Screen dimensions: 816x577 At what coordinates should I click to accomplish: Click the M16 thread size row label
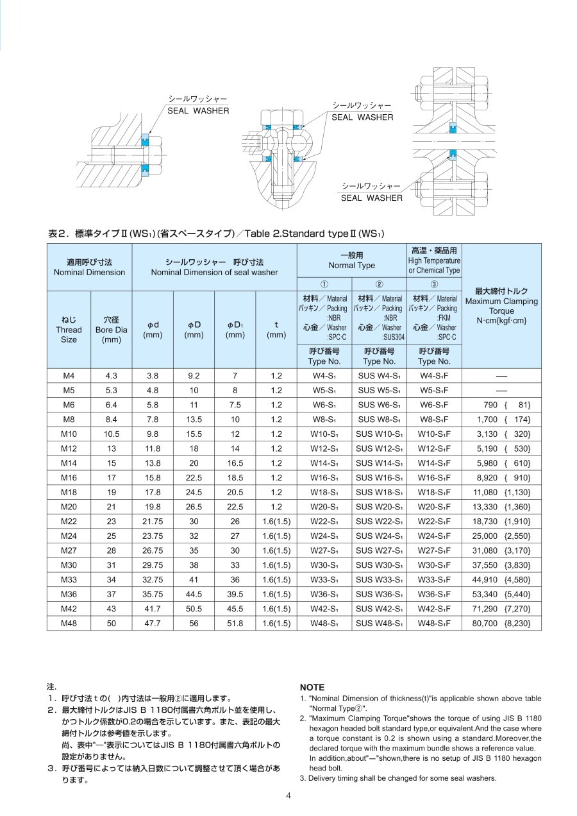[x=69, y=477]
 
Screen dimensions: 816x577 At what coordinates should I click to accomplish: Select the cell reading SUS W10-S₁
[x=379, y=434]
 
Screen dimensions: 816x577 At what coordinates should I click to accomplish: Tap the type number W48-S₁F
[x=435, y=623]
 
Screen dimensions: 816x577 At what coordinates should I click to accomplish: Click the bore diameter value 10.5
[x=112, y=434]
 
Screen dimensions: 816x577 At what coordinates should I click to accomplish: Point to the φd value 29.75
[x=153, y=565]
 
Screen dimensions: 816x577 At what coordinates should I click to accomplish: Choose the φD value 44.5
[x=194, y=594]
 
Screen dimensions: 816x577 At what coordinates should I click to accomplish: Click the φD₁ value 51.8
[x=235, y=623]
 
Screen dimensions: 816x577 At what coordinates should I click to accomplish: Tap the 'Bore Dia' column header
[x=112, y=329]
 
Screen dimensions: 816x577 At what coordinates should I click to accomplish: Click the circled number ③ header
[x=434, y=284]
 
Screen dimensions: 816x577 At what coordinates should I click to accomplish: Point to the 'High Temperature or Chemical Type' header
[x=434, y=260]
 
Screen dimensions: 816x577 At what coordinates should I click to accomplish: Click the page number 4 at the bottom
[x=288, y=796]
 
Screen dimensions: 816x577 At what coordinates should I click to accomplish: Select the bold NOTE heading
[x=312, y=687]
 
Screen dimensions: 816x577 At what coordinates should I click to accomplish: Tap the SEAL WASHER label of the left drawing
[x=198, y=111]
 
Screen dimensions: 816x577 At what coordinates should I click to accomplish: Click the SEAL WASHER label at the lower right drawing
[x=372, y=198]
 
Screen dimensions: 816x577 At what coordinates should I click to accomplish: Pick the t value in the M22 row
[x=276, y=521]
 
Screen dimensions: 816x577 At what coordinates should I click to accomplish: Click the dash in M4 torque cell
[x=501, y=375]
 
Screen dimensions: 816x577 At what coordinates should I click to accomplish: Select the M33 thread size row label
[x=69, y=579]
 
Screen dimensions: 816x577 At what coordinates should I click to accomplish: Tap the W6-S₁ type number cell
[x=324, y=405]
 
